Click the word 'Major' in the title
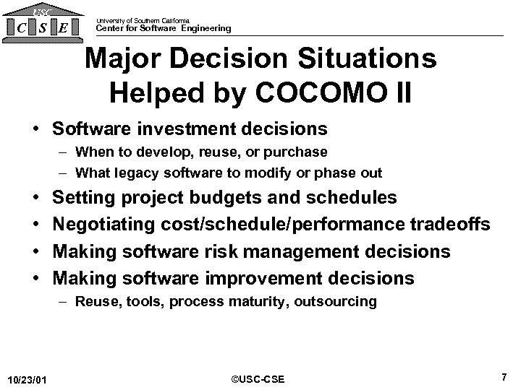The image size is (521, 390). (120, 60)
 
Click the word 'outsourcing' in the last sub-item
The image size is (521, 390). (336, 301)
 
